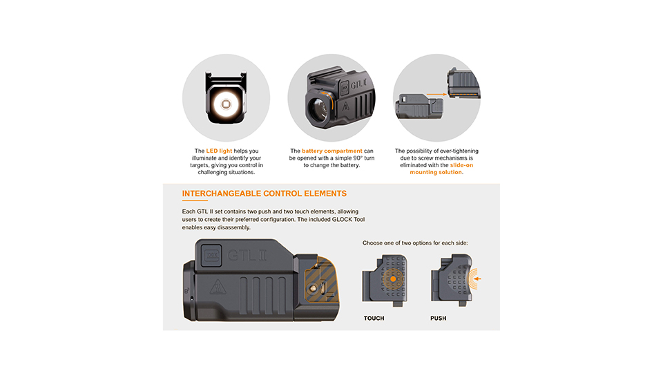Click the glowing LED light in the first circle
225,104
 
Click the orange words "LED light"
220,151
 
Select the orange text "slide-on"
457,165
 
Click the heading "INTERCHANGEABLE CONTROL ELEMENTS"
264,193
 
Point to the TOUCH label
374,319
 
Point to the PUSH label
438,319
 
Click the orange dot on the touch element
392,279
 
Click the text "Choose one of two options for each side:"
425,243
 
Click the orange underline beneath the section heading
194,201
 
